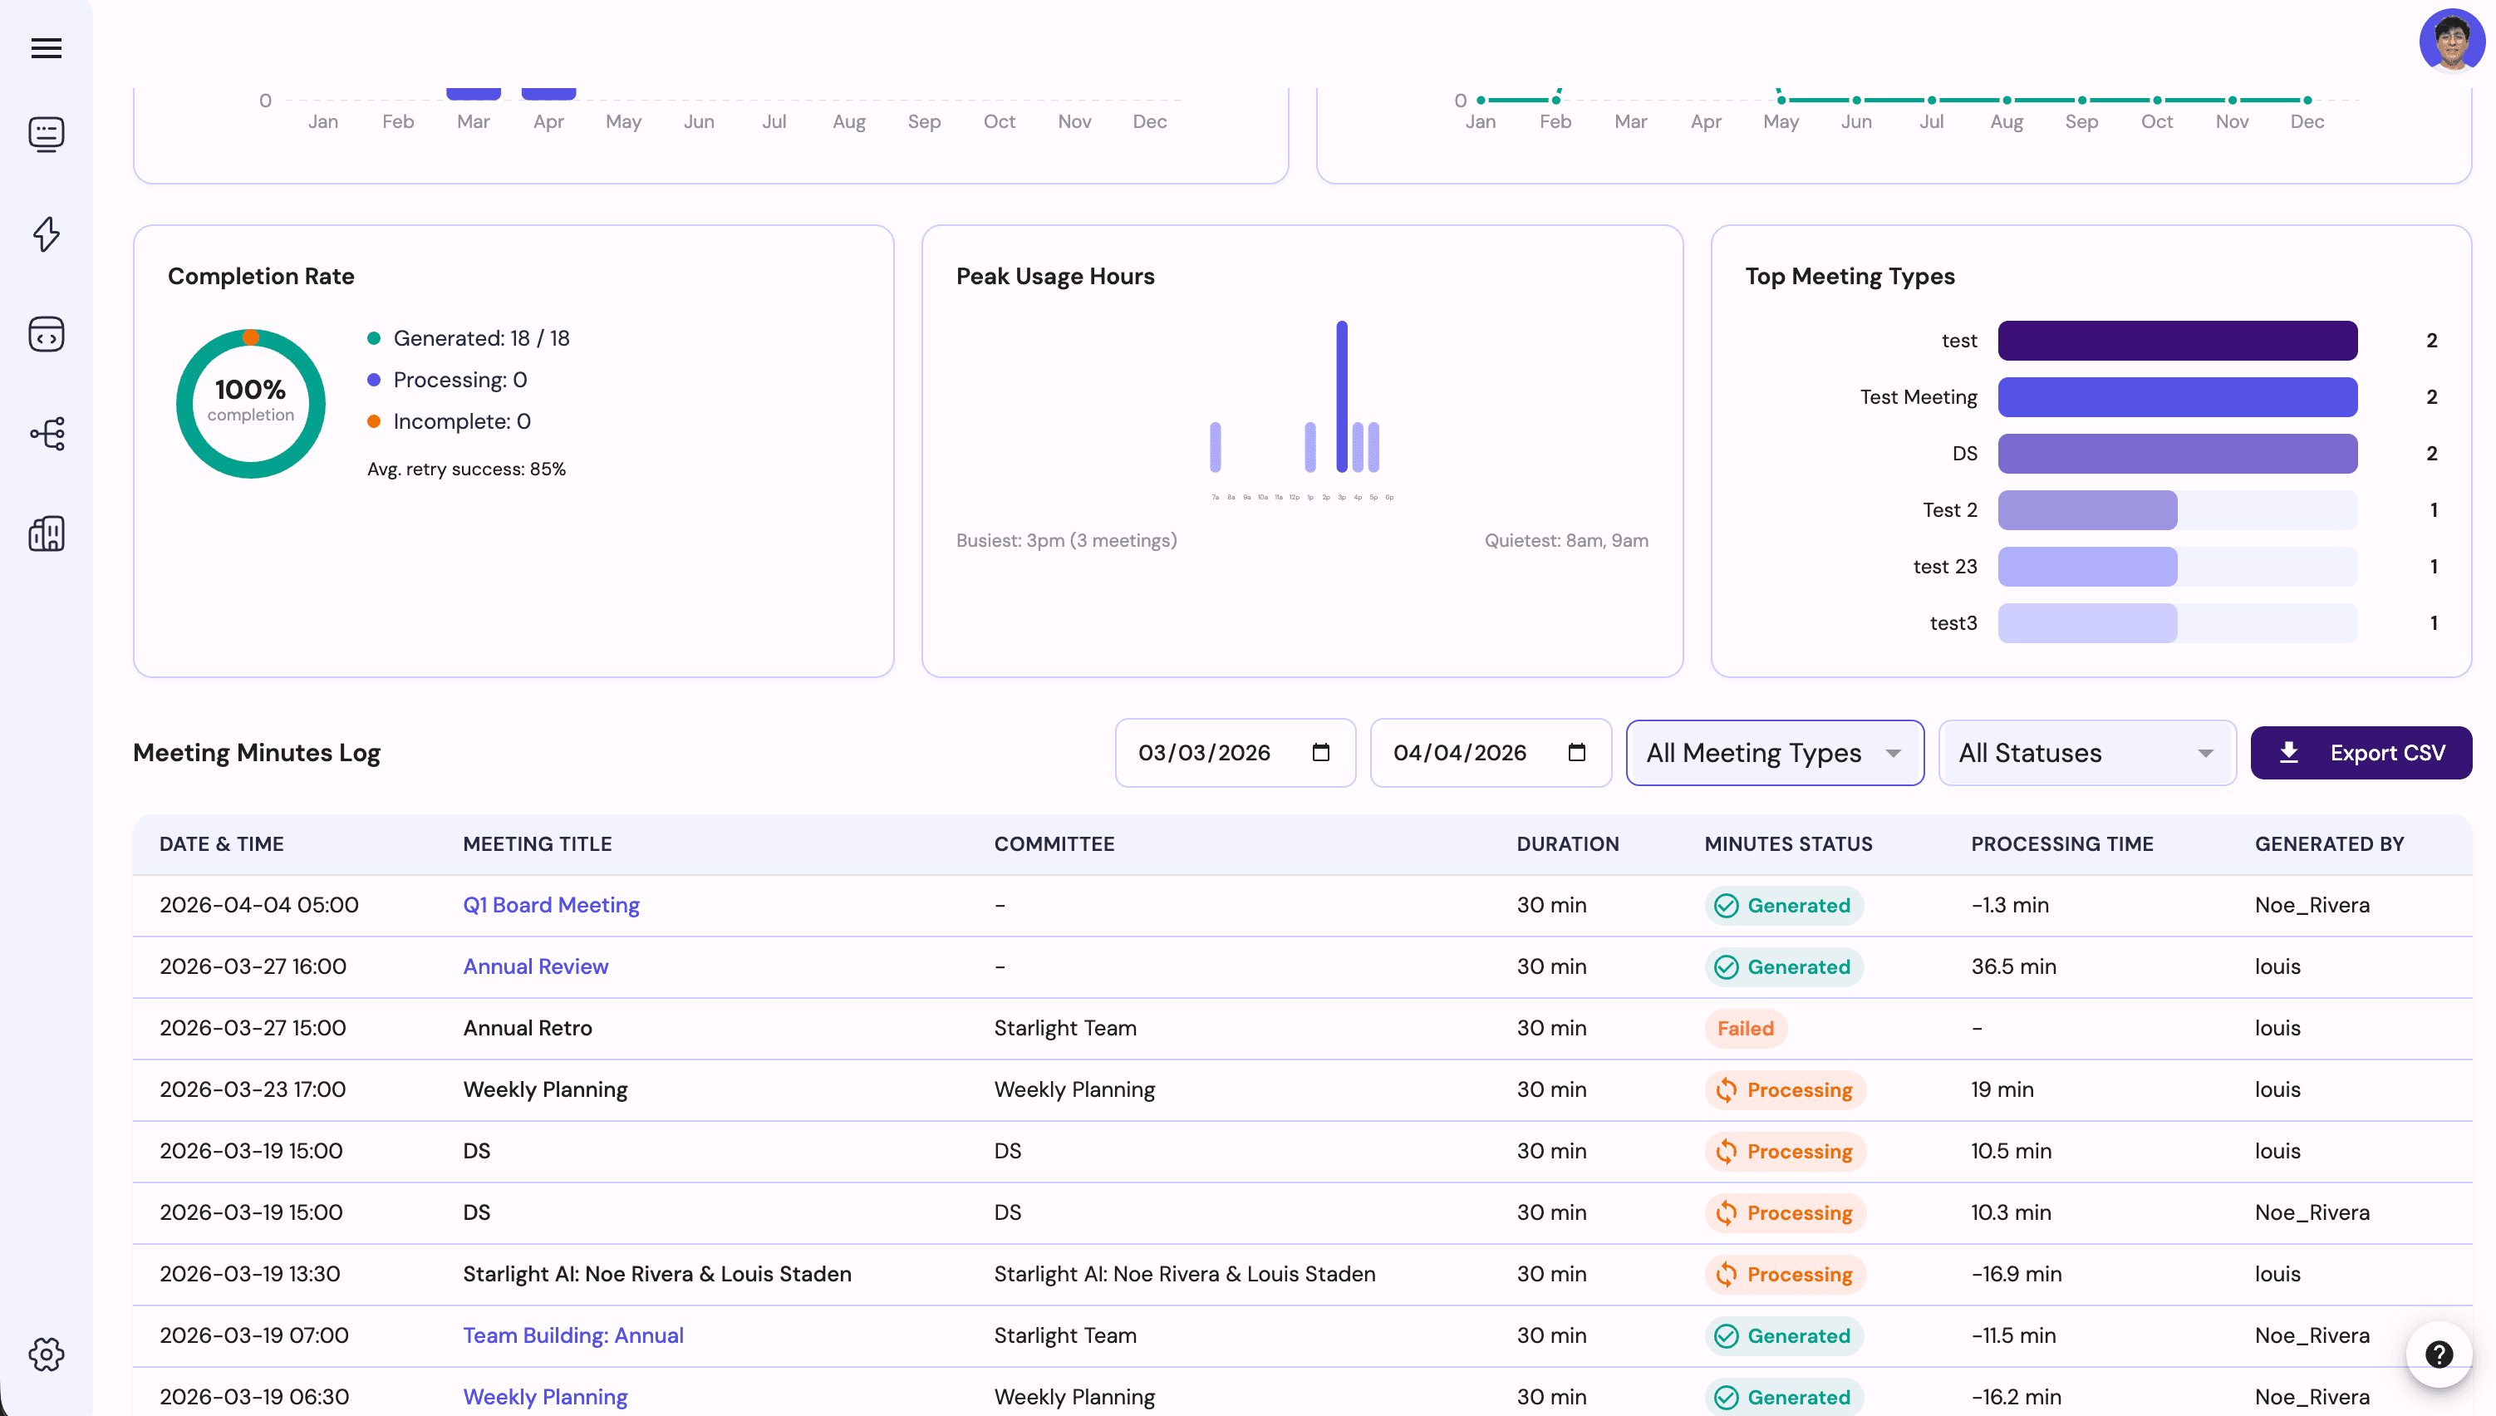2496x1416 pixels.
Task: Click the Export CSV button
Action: coord(2360,753)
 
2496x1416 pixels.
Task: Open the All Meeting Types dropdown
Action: coord(1774,753)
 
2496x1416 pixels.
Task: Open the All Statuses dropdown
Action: coord(2086,753)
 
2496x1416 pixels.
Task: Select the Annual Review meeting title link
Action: coord(535,966)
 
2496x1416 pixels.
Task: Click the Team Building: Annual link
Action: coord(572,1335)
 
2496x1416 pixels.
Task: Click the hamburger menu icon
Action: coord(46,47)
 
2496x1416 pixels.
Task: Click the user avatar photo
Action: coord(2451,41)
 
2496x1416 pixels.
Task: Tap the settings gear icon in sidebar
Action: coord(46,1354)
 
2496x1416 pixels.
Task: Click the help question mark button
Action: coord(2438,1354)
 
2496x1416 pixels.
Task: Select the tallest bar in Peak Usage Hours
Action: coord(1341,396)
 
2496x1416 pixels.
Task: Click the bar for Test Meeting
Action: coord(2176,396)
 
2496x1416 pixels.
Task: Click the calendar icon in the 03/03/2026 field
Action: coord(1319,753)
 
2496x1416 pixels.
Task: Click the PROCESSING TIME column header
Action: coord(2061,844)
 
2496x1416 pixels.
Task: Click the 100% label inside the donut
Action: coord(250,390)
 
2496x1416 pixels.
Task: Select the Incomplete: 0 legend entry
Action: coord(461,421)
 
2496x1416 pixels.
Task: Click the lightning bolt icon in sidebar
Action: coord(46,234)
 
